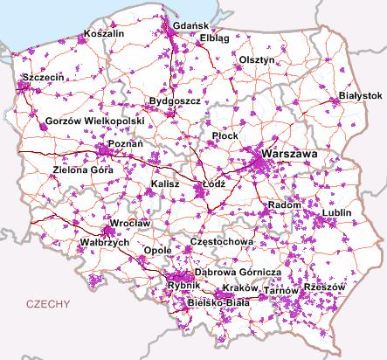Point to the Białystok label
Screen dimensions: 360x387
coord(361,94)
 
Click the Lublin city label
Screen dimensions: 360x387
coord(336,212)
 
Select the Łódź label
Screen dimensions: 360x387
coord(213,185)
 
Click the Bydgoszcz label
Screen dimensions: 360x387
coord(175,102)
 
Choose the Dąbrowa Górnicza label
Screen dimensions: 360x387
coord(237,273)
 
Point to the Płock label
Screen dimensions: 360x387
coord(226,136)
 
